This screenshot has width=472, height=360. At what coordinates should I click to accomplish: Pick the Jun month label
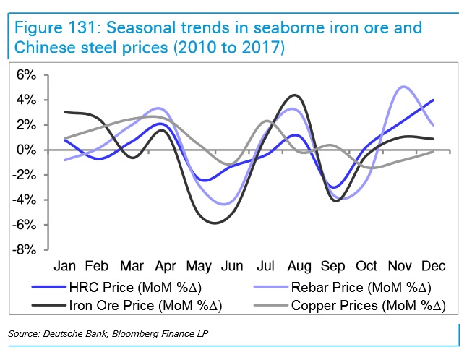[232, 265]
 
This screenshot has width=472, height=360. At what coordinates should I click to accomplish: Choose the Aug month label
[300, 265]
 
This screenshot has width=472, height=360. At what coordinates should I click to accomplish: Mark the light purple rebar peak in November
[403, 87]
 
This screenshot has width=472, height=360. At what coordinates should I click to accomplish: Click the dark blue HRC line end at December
[433, 100]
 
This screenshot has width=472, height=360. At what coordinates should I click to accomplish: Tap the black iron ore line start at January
[65, 112]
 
